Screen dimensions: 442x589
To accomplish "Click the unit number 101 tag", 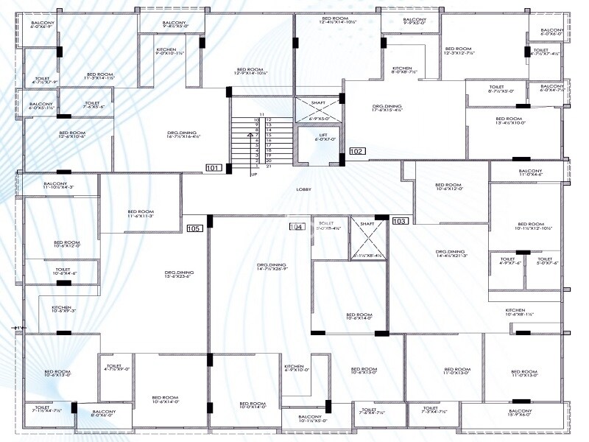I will pyautogui.click(x=214, y=168).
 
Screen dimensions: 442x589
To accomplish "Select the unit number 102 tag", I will pyautogui.click(x=357, y=151).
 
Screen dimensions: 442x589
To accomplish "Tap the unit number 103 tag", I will pyautogui.click(x=400, y=220).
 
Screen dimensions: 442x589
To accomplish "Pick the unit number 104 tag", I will pyautogui.click(x=297, y=227).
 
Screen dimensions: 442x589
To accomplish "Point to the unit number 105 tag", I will pyautogui.click(x=194, y=228).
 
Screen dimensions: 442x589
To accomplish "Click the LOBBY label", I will pyautogui.click(x=304, y=189).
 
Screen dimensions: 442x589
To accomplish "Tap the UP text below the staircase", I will pyautogui.click(x=254, y=175).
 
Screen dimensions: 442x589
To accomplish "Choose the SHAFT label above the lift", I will pyautogui.click(x=318, y=103).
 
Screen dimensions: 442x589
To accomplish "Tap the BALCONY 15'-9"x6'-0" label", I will pyautogui.click(x=521, y=413).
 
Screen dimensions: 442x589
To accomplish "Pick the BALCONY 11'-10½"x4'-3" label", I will pyautogui.click(x=58, y=186).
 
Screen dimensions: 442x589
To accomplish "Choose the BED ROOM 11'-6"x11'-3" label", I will pyautogui.click(x=140, y=214).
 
